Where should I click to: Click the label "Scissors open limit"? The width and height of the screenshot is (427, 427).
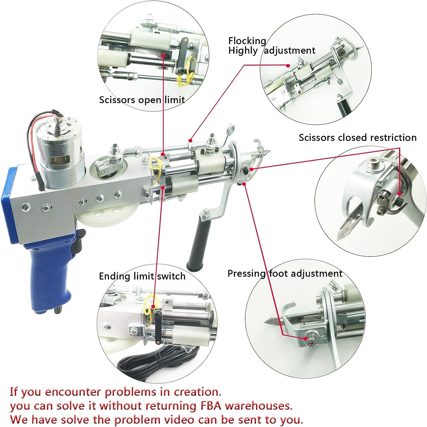[x=142, y=100]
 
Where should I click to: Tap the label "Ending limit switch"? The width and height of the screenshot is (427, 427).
[x=142, y=276]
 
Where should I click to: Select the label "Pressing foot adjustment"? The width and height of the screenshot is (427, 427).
[x=285, y=274]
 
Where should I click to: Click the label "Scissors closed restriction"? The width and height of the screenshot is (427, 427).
[x=357, y=137]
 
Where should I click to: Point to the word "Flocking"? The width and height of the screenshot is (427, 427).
[x=247, y=41]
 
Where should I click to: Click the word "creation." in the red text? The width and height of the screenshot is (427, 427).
[x=197, y=392]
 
